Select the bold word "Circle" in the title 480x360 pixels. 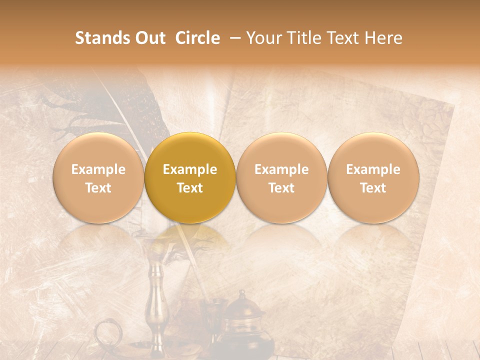coord(196,38)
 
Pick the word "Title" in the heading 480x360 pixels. coord(305,38)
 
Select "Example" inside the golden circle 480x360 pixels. coord(190,169)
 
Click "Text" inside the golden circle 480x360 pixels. coord(190,188)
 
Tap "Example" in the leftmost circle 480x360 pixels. coord(98,169)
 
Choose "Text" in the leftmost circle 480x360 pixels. coord(98,188)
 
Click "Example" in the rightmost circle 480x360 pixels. coord(373,169)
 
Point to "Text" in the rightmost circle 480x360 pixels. coord(373,188)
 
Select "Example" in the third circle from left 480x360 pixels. coord(281,169)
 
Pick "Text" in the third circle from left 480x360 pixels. coord(281,188)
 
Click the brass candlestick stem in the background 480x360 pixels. coord(156,300)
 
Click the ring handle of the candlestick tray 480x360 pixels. coord(106,332)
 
